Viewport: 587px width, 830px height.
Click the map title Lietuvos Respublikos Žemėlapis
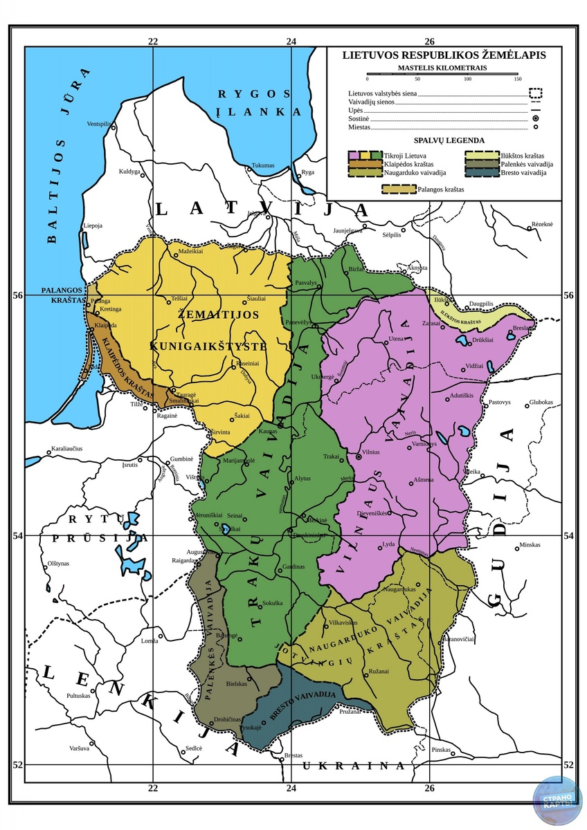(444, 55)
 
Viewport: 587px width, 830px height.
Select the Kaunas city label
(268, 431)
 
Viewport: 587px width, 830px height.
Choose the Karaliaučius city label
(67, 449)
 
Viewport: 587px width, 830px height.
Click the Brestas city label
(294, 755)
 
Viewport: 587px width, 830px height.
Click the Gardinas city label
(293, 566)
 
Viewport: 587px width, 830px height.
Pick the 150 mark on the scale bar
(517, 80)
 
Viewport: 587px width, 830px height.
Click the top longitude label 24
(291, 41)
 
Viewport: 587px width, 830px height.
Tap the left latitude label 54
(19, 535)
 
